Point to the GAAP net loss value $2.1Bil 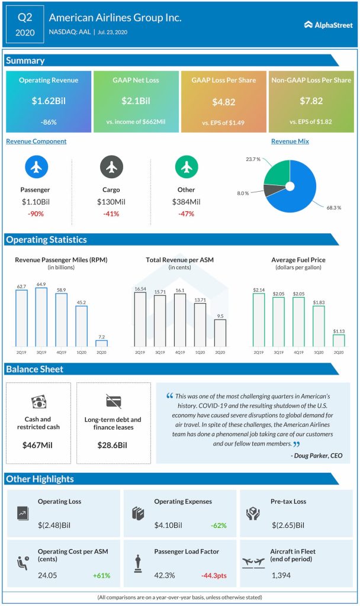pos(136,101)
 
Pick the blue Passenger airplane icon pos(36,167)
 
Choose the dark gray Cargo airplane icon pos(111,167)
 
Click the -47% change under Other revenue pos(186,213)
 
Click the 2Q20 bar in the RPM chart pos(102,343)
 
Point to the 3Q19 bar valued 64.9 pos(41,317)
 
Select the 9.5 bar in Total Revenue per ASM pos(220,333)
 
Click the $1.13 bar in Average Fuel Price pos(339,340)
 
